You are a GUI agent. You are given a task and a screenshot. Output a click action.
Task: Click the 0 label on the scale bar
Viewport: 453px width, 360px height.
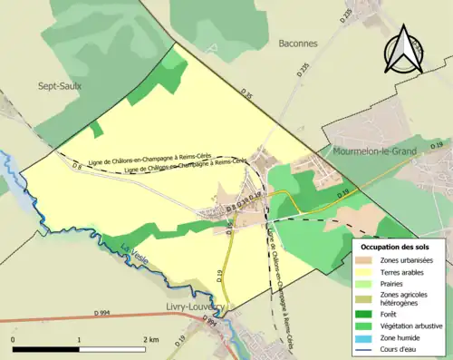coord(14,339)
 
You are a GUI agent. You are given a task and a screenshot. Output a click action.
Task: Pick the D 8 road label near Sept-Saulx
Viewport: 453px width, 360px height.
coord(77,168)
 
